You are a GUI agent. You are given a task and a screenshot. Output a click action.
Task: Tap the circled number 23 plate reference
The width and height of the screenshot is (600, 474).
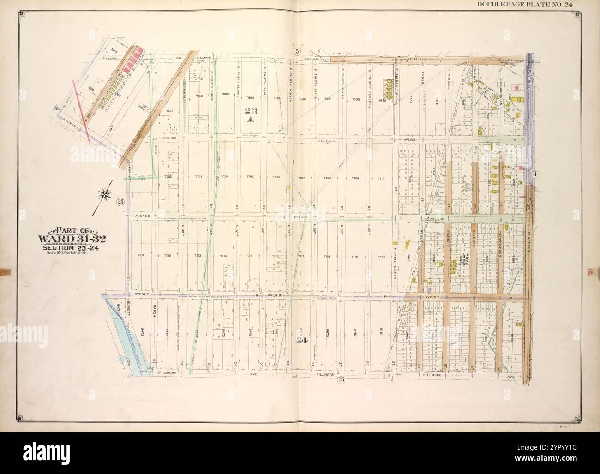click(x=120, y=201)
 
